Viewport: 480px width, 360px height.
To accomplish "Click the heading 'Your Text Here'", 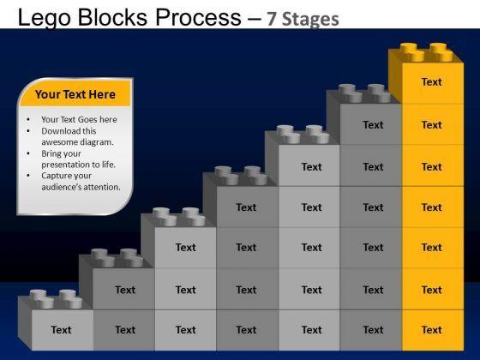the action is (75, 94).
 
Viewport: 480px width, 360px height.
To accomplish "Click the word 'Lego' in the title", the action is (45, 18).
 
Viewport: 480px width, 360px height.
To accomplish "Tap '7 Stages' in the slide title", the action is (303, 19).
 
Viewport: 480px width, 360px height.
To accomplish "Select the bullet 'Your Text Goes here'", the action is (79, 119).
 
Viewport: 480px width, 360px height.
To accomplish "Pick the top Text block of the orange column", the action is (433, 83).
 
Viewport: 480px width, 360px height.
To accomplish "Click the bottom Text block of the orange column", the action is (433, 330).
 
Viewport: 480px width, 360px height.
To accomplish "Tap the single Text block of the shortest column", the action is (63, 330).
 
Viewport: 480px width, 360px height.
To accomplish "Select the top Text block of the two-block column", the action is (123, 290).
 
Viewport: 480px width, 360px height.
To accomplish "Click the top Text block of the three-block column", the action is (185, 248).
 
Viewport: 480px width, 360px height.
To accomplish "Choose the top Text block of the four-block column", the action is (248, 207).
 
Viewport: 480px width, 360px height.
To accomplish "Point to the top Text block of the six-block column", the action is (370, 124).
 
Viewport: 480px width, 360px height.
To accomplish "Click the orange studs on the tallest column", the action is (427, 51).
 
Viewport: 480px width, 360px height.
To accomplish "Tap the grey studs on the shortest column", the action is (56, 299).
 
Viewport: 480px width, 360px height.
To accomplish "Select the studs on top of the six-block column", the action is (364, 93).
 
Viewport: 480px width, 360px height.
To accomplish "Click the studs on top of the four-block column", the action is (241, 176).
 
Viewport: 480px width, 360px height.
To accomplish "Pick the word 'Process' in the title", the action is (198, 17).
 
